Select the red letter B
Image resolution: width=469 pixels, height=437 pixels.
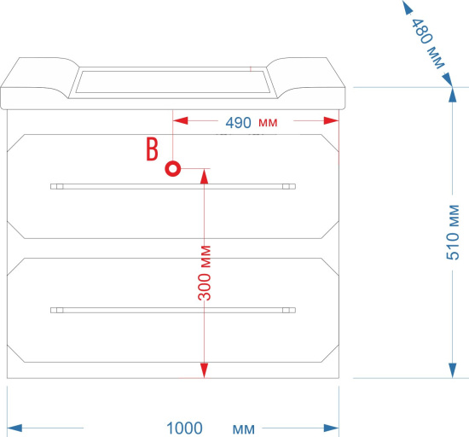coord(152,149)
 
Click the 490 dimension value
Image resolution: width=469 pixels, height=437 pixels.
coord(239,123)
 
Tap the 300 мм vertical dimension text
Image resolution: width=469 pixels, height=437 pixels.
coord(205,272)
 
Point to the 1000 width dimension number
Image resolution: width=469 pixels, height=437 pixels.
coord(184,428)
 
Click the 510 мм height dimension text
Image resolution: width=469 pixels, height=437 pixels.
coord(453,232)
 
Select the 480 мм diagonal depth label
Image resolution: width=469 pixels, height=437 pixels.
coord(428,44)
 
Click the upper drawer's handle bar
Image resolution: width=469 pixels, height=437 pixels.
coord(173,186)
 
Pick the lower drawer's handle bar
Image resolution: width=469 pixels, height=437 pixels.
coord(173,310)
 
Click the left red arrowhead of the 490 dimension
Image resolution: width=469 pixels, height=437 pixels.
coord(181,120)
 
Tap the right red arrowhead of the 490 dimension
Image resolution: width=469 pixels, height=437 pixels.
coord(331,120)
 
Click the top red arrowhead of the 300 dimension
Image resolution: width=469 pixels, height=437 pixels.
coord(204,177)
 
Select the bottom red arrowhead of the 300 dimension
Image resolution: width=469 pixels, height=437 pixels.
coord(204,370)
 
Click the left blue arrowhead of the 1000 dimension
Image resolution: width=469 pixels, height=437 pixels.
coord(14,428)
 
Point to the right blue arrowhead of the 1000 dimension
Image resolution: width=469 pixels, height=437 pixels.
coord(332,428)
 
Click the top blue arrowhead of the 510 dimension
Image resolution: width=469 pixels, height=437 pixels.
coord(453,95)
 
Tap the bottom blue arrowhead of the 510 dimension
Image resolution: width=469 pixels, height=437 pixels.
coord(453,370)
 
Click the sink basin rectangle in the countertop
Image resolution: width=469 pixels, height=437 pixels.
coord(173,82)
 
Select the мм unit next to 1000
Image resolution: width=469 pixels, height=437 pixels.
coord(244,429)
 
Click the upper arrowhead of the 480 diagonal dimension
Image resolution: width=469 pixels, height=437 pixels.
coord(408,7)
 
